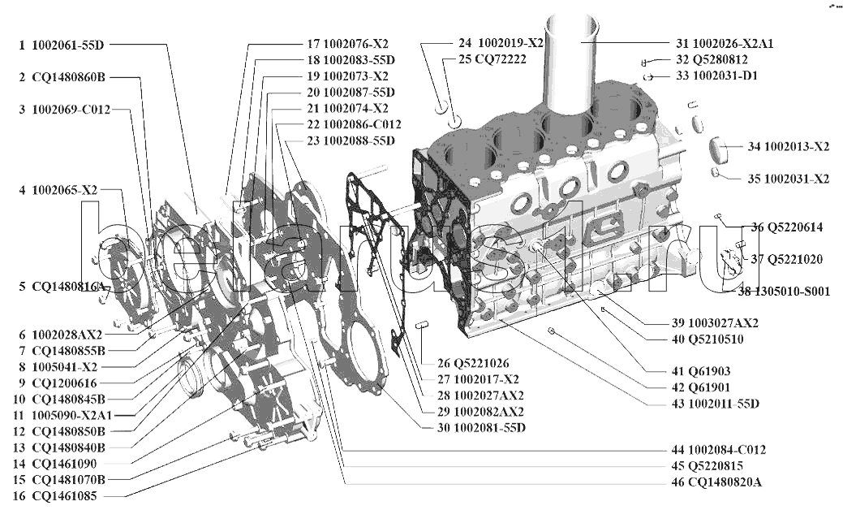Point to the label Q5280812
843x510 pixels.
(x=712, y=60)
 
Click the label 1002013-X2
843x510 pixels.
(x=796, y=147)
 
